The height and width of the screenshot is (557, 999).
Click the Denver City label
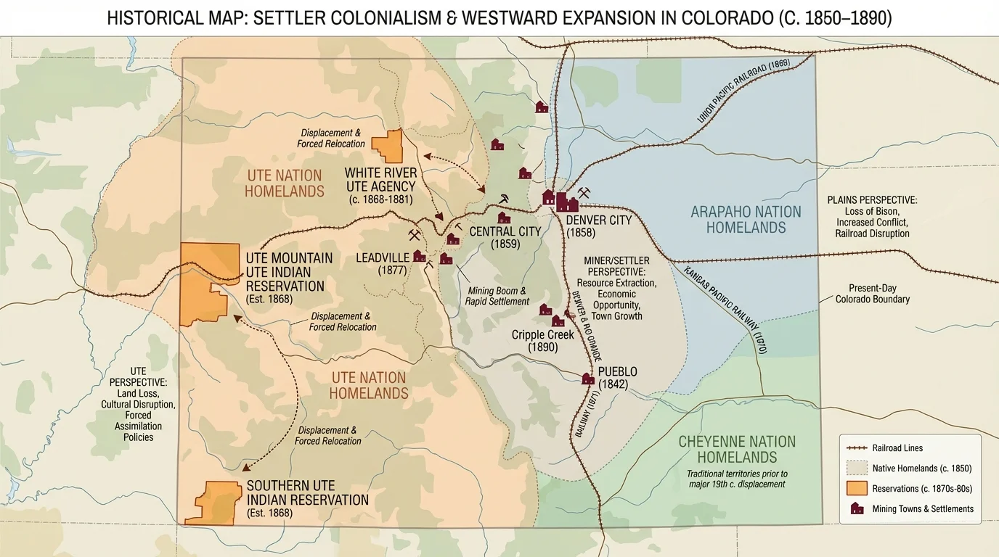pos(598,220)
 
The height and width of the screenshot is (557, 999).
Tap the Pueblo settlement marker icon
pos(588,379)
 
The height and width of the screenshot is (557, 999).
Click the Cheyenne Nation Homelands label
pos(737,449)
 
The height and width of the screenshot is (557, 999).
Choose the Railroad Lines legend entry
pos(897,448)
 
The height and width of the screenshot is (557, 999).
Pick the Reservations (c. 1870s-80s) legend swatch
pos(857,488)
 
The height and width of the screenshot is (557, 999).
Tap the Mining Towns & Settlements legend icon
pos(857,508)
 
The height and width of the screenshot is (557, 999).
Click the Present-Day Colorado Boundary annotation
pos(872,293)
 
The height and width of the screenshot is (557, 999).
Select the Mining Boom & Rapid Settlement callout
pos(498,296)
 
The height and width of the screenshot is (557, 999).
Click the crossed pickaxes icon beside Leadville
pos(415,235)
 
